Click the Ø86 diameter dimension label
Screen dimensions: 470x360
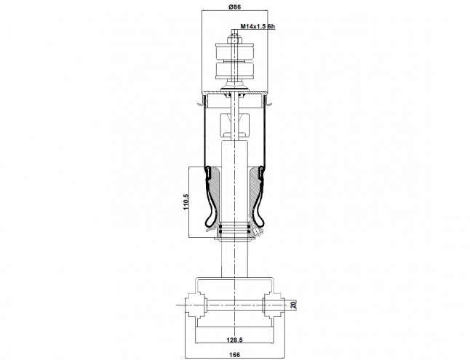tap(235, 7)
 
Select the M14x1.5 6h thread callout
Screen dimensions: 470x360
tap(258, 26)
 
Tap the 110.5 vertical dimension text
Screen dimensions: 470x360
tap(186, 201)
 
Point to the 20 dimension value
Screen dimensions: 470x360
tap(294, 305)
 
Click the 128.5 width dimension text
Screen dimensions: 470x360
tap(234, 340)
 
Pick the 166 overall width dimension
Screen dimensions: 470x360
tap(234, 355)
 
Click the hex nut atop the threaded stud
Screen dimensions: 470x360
tap(235, 40)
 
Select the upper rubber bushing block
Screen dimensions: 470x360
tap(235, 51)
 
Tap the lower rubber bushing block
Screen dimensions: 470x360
tap(235, 71)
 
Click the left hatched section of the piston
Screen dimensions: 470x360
tap(215, 195)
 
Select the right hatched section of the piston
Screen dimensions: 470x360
tap(254, 195)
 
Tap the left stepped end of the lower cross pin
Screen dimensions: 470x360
tap(195, 305)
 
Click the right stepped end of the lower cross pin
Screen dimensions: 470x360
tap(274, 305)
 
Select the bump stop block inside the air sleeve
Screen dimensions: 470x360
tap(235, 124)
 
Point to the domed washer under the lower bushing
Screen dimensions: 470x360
tap(235, 87)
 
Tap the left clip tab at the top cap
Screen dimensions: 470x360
tap(201, 103)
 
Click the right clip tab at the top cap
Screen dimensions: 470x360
tap(268, 103)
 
